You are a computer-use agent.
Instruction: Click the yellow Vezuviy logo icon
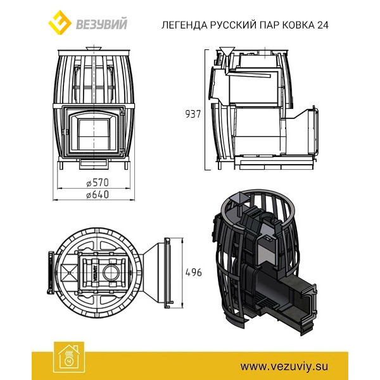click(60, 22)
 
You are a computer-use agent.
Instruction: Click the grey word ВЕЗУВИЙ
click(101, 24)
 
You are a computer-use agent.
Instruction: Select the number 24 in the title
click(322, 25)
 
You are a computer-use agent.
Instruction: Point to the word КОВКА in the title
click(298, 25)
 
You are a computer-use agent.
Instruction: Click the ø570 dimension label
click(98, 183)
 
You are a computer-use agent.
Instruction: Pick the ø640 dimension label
click(98, 194)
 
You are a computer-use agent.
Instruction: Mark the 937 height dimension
click(193, 114)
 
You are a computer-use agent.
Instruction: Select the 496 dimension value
click(193, 272)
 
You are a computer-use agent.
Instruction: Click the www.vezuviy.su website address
click(284, 366)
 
